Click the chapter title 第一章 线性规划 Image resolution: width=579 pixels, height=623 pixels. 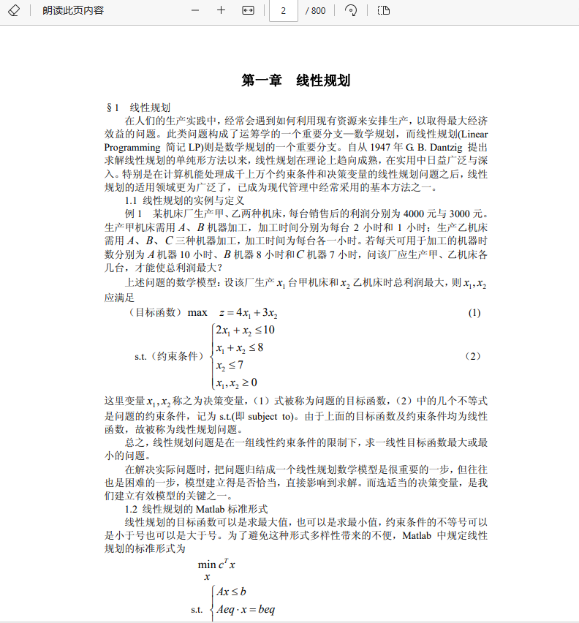click(296, 80)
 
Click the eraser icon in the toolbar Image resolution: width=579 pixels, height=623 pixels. click(13, 10)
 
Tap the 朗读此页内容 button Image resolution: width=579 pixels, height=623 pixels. click(73, 10)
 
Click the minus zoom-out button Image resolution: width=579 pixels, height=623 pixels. click(195, 10)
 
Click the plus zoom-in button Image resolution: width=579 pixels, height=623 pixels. click(221, 10)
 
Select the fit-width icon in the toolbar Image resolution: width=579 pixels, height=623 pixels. click(247, 10)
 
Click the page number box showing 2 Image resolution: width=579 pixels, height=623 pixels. click(283, 10)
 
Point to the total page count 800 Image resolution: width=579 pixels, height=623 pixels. click(316, 10)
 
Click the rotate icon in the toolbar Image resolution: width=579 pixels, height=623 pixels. click(351, 10)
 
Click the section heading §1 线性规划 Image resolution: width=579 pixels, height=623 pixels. click(138, 107)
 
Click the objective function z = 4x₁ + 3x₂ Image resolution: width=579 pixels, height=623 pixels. click(243, 313)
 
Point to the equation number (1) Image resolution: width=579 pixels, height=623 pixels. click(474, 313)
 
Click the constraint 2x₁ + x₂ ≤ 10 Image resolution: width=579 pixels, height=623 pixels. click(245, 330)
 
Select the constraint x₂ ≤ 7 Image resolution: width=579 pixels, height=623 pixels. click(230, 365)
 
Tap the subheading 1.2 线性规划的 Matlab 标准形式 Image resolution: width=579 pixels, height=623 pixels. click(197, 508)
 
